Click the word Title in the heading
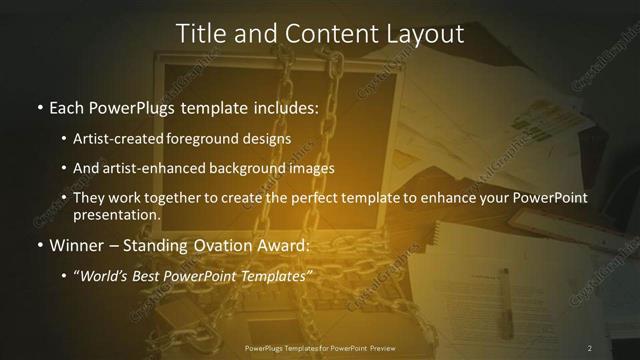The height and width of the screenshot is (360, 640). [199, 33]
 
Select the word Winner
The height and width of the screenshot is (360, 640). [78, 244]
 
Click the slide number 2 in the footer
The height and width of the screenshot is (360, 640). [590, 348]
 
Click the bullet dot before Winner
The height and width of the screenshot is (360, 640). [39, 245]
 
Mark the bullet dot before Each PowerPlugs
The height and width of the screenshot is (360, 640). [39, 106]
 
